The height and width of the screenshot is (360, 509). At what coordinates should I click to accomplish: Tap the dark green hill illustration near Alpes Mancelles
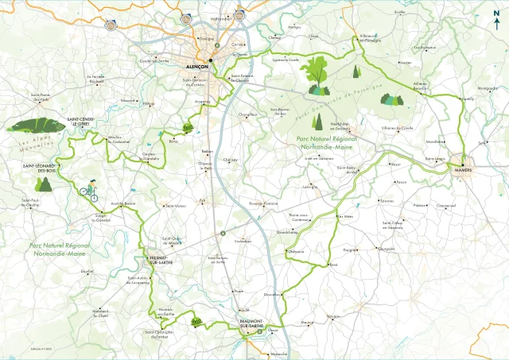point(37,126)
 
